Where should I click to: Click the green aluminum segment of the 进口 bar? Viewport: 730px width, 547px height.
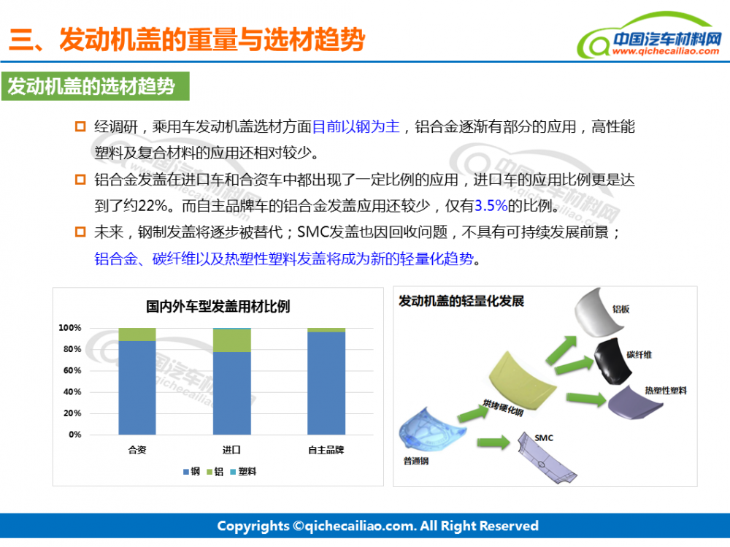click(x=232, y=340)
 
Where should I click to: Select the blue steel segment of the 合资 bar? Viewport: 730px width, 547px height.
click(x=137, y=388)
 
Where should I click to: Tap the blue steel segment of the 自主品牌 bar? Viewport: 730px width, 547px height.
click(x=326, y=383)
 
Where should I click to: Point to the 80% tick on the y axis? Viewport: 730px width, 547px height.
click(x=72, y=349)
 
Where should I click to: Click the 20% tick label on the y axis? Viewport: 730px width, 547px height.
click(x=72, y=413)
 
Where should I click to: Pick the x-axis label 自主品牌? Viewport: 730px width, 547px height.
click(x=326, y=450)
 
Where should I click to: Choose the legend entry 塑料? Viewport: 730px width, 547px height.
click(x=243, y=472)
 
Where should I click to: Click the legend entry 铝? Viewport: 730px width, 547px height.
click(x=215, y=472)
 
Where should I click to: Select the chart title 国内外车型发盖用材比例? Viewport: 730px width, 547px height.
click(x=218, y=307)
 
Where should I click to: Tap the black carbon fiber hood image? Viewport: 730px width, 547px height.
click(x=612, y=361)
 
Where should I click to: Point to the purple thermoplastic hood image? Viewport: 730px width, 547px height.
click(x=634, y=403)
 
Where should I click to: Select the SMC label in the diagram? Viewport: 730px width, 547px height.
click(x=544, y=438)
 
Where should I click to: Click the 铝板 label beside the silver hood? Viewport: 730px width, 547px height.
click(x=621, y=309)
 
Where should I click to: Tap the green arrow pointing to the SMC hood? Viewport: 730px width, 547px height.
click(x=493, y=442)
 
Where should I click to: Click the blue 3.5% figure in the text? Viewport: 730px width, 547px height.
click(x=491, y=205)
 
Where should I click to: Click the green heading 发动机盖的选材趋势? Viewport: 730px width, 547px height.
click(x=91, y=86)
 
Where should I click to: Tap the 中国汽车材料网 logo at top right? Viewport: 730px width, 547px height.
click(x=650, y=37)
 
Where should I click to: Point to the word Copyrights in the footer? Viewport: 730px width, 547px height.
click(x=253, y=526)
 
